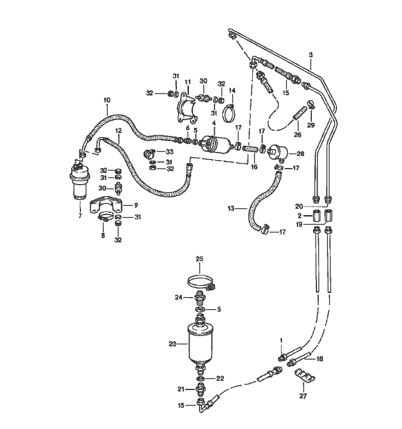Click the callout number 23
(x=171, y=344)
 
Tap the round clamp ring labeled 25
(x=200, y=282)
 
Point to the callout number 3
(x=311, y=55)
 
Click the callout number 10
(x=107, y=100)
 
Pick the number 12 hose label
(x=118, y=130)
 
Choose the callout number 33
(x=169, y=151)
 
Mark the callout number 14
(x=232, y=91)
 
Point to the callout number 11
(x=187, y=83)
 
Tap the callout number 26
(x=297, y=135)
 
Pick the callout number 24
(x=178, y=297)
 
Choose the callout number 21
(x=180, y=389)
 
